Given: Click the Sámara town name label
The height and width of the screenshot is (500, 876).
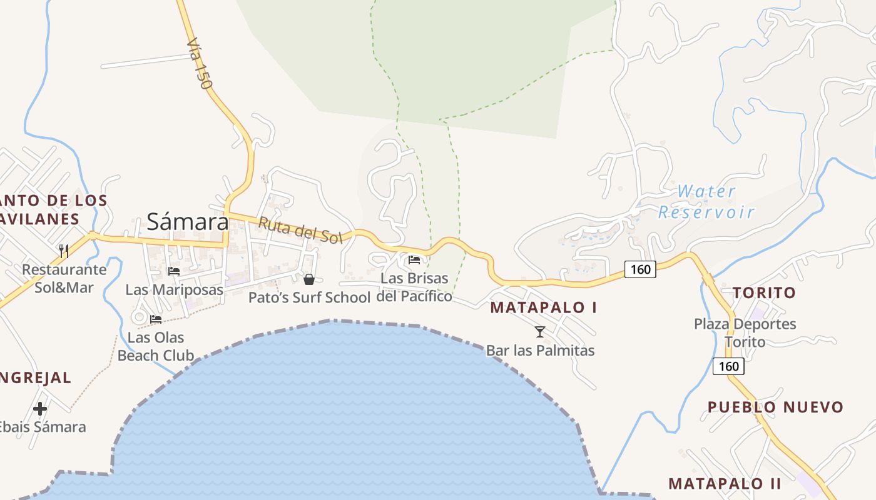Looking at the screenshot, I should click(x=188, y=221).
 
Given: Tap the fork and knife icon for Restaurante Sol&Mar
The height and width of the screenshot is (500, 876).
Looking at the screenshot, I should click(x=63, y=251).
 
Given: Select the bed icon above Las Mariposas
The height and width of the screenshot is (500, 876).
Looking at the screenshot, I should click(x=174, y=271).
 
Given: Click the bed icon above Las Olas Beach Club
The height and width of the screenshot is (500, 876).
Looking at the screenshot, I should click(x=156, y=319).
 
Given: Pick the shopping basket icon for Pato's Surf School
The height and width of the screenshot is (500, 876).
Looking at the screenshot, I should click(x=308, y=279).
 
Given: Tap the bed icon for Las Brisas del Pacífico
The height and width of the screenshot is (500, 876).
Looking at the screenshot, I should click(x=414, y=259).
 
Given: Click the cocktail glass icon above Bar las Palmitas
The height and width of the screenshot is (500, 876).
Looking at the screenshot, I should click(x=540, y=331).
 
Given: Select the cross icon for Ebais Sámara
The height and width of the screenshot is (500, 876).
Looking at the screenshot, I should click(x=40, y=409).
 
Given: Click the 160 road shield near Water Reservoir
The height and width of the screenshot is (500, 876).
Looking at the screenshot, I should click(x=640, y=269).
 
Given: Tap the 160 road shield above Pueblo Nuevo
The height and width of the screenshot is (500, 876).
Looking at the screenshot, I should click(x=728, y=366).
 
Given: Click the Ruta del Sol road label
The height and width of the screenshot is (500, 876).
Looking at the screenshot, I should click(x=300, y=230).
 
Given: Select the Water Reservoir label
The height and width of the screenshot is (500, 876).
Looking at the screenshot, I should click(x=706, y=201).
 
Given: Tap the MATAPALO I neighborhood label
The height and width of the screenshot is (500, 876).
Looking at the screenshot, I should click(x=543, y=307).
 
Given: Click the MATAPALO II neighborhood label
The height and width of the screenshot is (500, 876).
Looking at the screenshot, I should click(x=725, y=483).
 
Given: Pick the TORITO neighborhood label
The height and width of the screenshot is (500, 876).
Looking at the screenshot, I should click(x=764, y=292).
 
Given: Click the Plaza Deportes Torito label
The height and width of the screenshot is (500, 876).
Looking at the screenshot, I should click(x=745, y=332).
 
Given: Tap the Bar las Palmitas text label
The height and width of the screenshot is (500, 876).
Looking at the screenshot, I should click(x=540, y=351).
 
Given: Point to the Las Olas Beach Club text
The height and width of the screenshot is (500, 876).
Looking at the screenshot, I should click(x=156, y=347).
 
